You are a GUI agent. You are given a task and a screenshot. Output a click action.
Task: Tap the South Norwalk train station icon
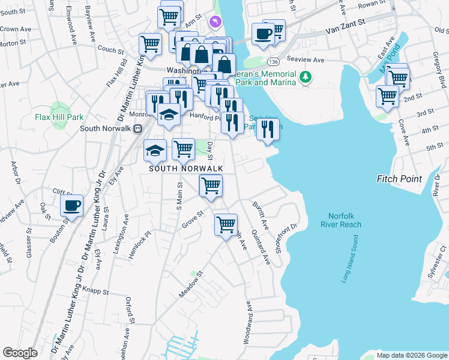coord(137,128)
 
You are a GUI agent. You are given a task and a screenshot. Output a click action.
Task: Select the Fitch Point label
coord(399,179)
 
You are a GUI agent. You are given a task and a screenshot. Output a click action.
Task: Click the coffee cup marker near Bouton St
coord(72,206)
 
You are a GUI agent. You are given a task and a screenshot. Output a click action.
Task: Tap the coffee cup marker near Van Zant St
coord(262,34)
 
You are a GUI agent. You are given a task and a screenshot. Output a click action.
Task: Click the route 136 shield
coord(274,62)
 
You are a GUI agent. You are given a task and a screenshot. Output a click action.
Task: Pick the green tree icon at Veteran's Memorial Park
coord(306,77)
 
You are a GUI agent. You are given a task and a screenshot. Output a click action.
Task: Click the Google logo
coord(20,353)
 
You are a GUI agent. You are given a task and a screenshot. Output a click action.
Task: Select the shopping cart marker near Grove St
coord(226,225)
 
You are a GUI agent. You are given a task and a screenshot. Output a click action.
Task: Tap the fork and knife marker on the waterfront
coord(268,129)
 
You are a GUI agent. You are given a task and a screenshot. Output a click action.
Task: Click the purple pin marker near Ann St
coord(215,22)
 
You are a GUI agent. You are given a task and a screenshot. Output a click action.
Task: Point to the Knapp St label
coord(95,292)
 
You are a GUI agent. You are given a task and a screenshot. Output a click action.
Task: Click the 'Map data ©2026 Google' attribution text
coord(412,355)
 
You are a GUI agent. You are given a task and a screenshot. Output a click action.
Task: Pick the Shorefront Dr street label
coord(286,238)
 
